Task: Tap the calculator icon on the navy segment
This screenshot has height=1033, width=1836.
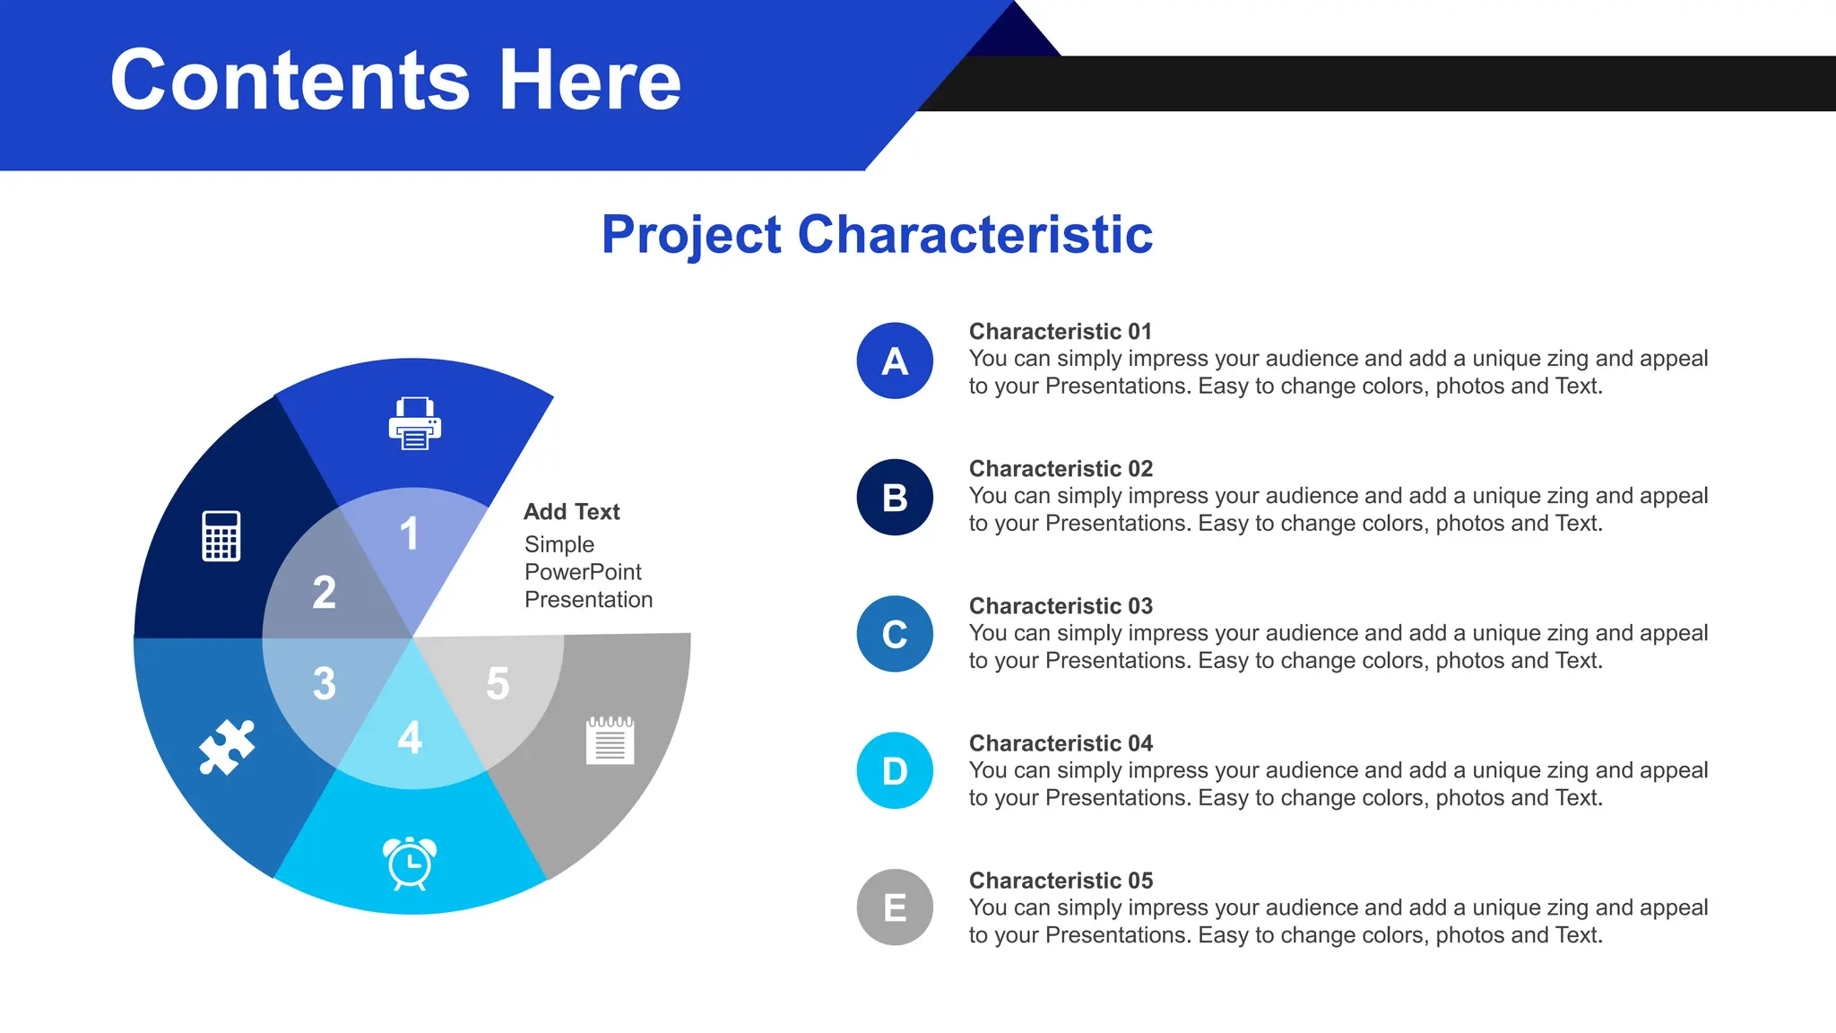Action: [x=221, y=536]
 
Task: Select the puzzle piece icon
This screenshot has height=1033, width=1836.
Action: [x=226, y=746]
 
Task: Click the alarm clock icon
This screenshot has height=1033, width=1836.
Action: [x=410, y=863]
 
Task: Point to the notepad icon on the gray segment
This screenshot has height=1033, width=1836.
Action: [x=611, y=740]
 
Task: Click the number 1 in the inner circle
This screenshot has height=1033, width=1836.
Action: [x=409, y=534]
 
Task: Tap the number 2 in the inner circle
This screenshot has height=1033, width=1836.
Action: [x=324, y=593]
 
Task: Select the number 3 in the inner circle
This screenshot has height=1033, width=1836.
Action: [x=324, y=683]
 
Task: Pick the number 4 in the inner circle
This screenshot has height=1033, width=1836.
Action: [x=410, y=738]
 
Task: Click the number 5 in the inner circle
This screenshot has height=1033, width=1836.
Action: [x=498, y=683]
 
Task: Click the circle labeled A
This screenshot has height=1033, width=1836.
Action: [x=895, y=361]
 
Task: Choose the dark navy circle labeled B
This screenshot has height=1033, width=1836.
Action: [x=895, y=498]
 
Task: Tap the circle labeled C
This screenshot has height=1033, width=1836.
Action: [x=895, y=635]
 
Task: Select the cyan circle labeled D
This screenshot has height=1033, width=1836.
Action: [x=895, y=771]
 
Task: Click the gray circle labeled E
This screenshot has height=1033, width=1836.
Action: [x=895, y=908]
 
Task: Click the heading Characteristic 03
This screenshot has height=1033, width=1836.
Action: [x=1061, y=606]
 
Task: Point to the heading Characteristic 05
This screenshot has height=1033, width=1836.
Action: [x=1061, y=881]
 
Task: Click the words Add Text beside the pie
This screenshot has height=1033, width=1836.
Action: [x=571, y=512]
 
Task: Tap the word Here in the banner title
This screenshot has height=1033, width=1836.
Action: [x=590, y=81]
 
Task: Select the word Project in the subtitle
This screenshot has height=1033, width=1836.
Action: [x=691, y=236]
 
